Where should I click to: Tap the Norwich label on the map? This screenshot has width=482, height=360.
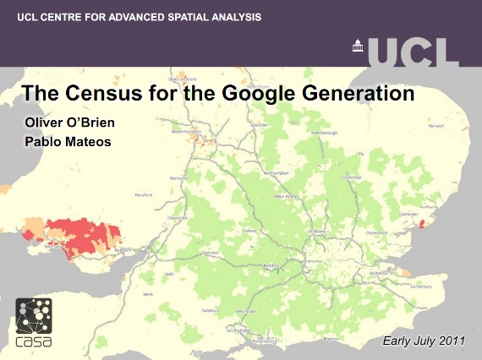pyautogui.click(x=436, y=126)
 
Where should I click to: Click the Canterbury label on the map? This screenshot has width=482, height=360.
pyautogui.click(x=420, y=287)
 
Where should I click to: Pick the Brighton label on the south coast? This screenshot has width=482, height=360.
pyautogui.click(x=331, y=339)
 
